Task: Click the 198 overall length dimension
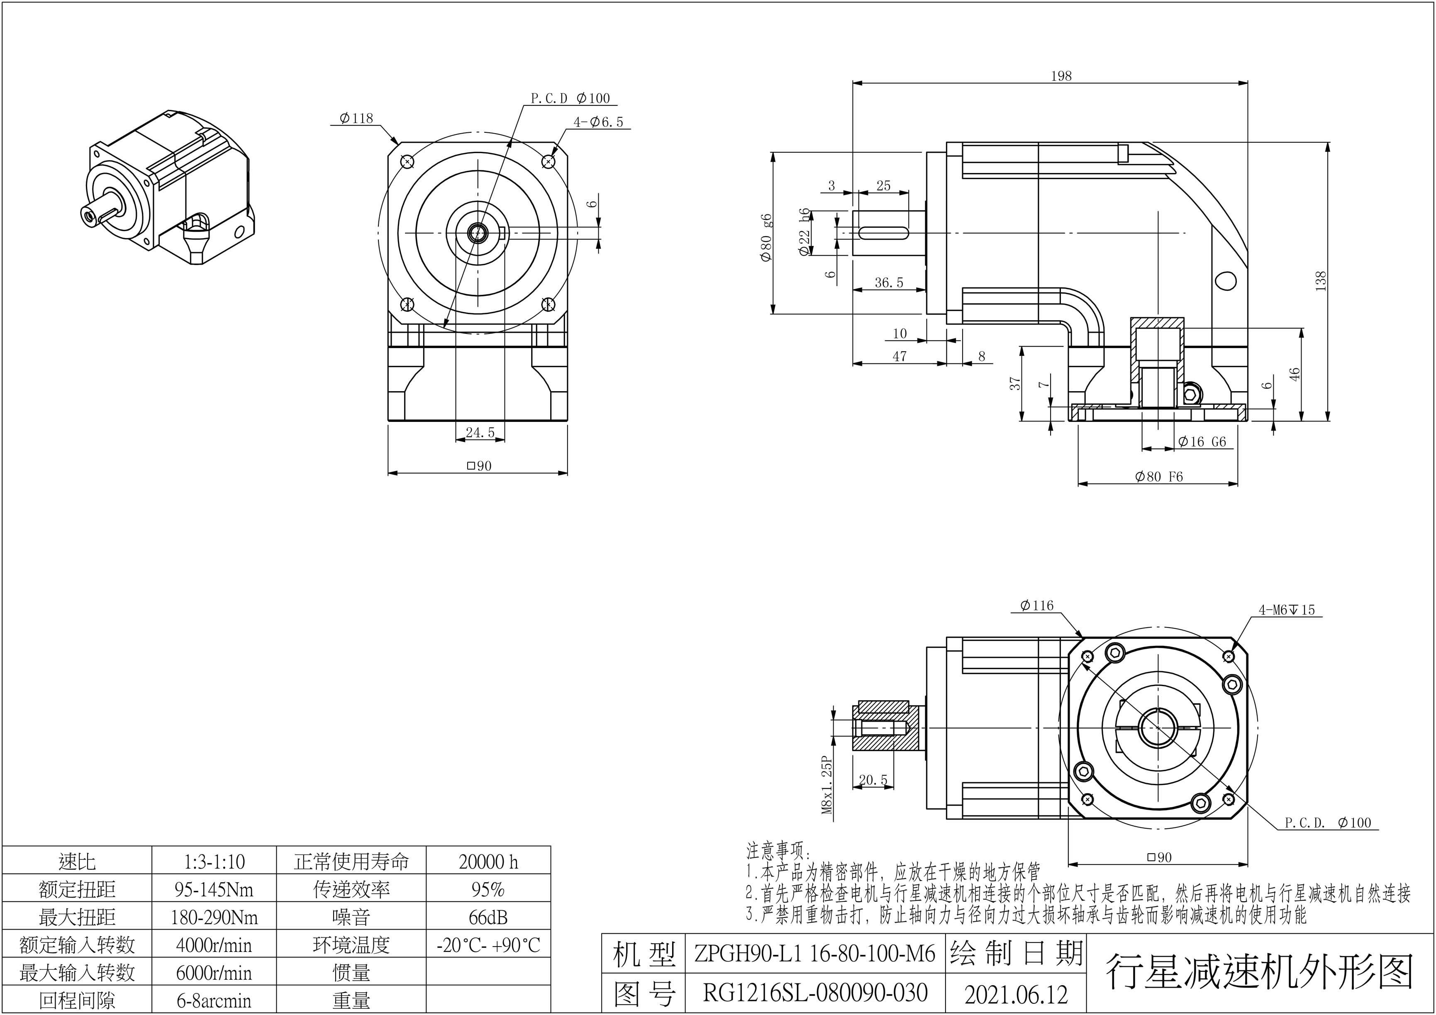1061,76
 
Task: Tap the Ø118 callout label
356,118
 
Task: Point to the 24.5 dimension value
480,432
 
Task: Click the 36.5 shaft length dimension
889,282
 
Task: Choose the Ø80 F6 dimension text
1159,477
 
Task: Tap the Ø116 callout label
1036,605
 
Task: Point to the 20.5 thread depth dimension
873,780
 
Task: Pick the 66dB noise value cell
488,918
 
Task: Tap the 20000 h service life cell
488,862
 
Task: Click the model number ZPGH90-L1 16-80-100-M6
814,954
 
